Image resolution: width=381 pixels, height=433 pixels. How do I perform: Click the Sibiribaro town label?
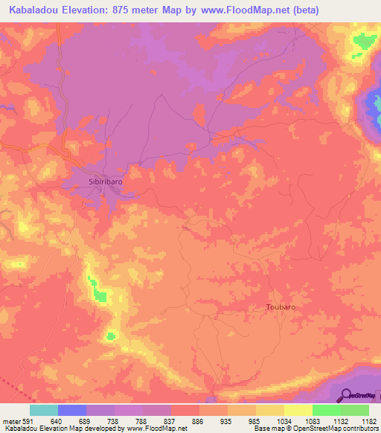pyautogui.click(x=101, y=181)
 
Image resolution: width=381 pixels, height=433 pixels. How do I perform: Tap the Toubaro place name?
pyautogui.click(x=281, y=307)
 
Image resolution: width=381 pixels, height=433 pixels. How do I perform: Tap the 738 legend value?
pyautogui.click(x=114, y=420)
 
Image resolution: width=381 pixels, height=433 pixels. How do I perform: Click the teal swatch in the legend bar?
pyautogui.click(x=44, y=410)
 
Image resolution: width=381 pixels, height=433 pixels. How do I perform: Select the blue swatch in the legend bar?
pyautogui.click(x=72, y=410)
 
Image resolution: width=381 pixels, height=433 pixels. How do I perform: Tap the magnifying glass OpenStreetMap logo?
pyautogui.click(x=347, y=395)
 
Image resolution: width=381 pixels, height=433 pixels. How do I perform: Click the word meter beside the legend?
pyautogui.click(x=10, y=420)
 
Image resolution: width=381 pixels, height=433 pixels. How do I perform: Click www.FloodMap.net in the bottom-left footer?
pyautogui.click(x=156, y=429)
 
